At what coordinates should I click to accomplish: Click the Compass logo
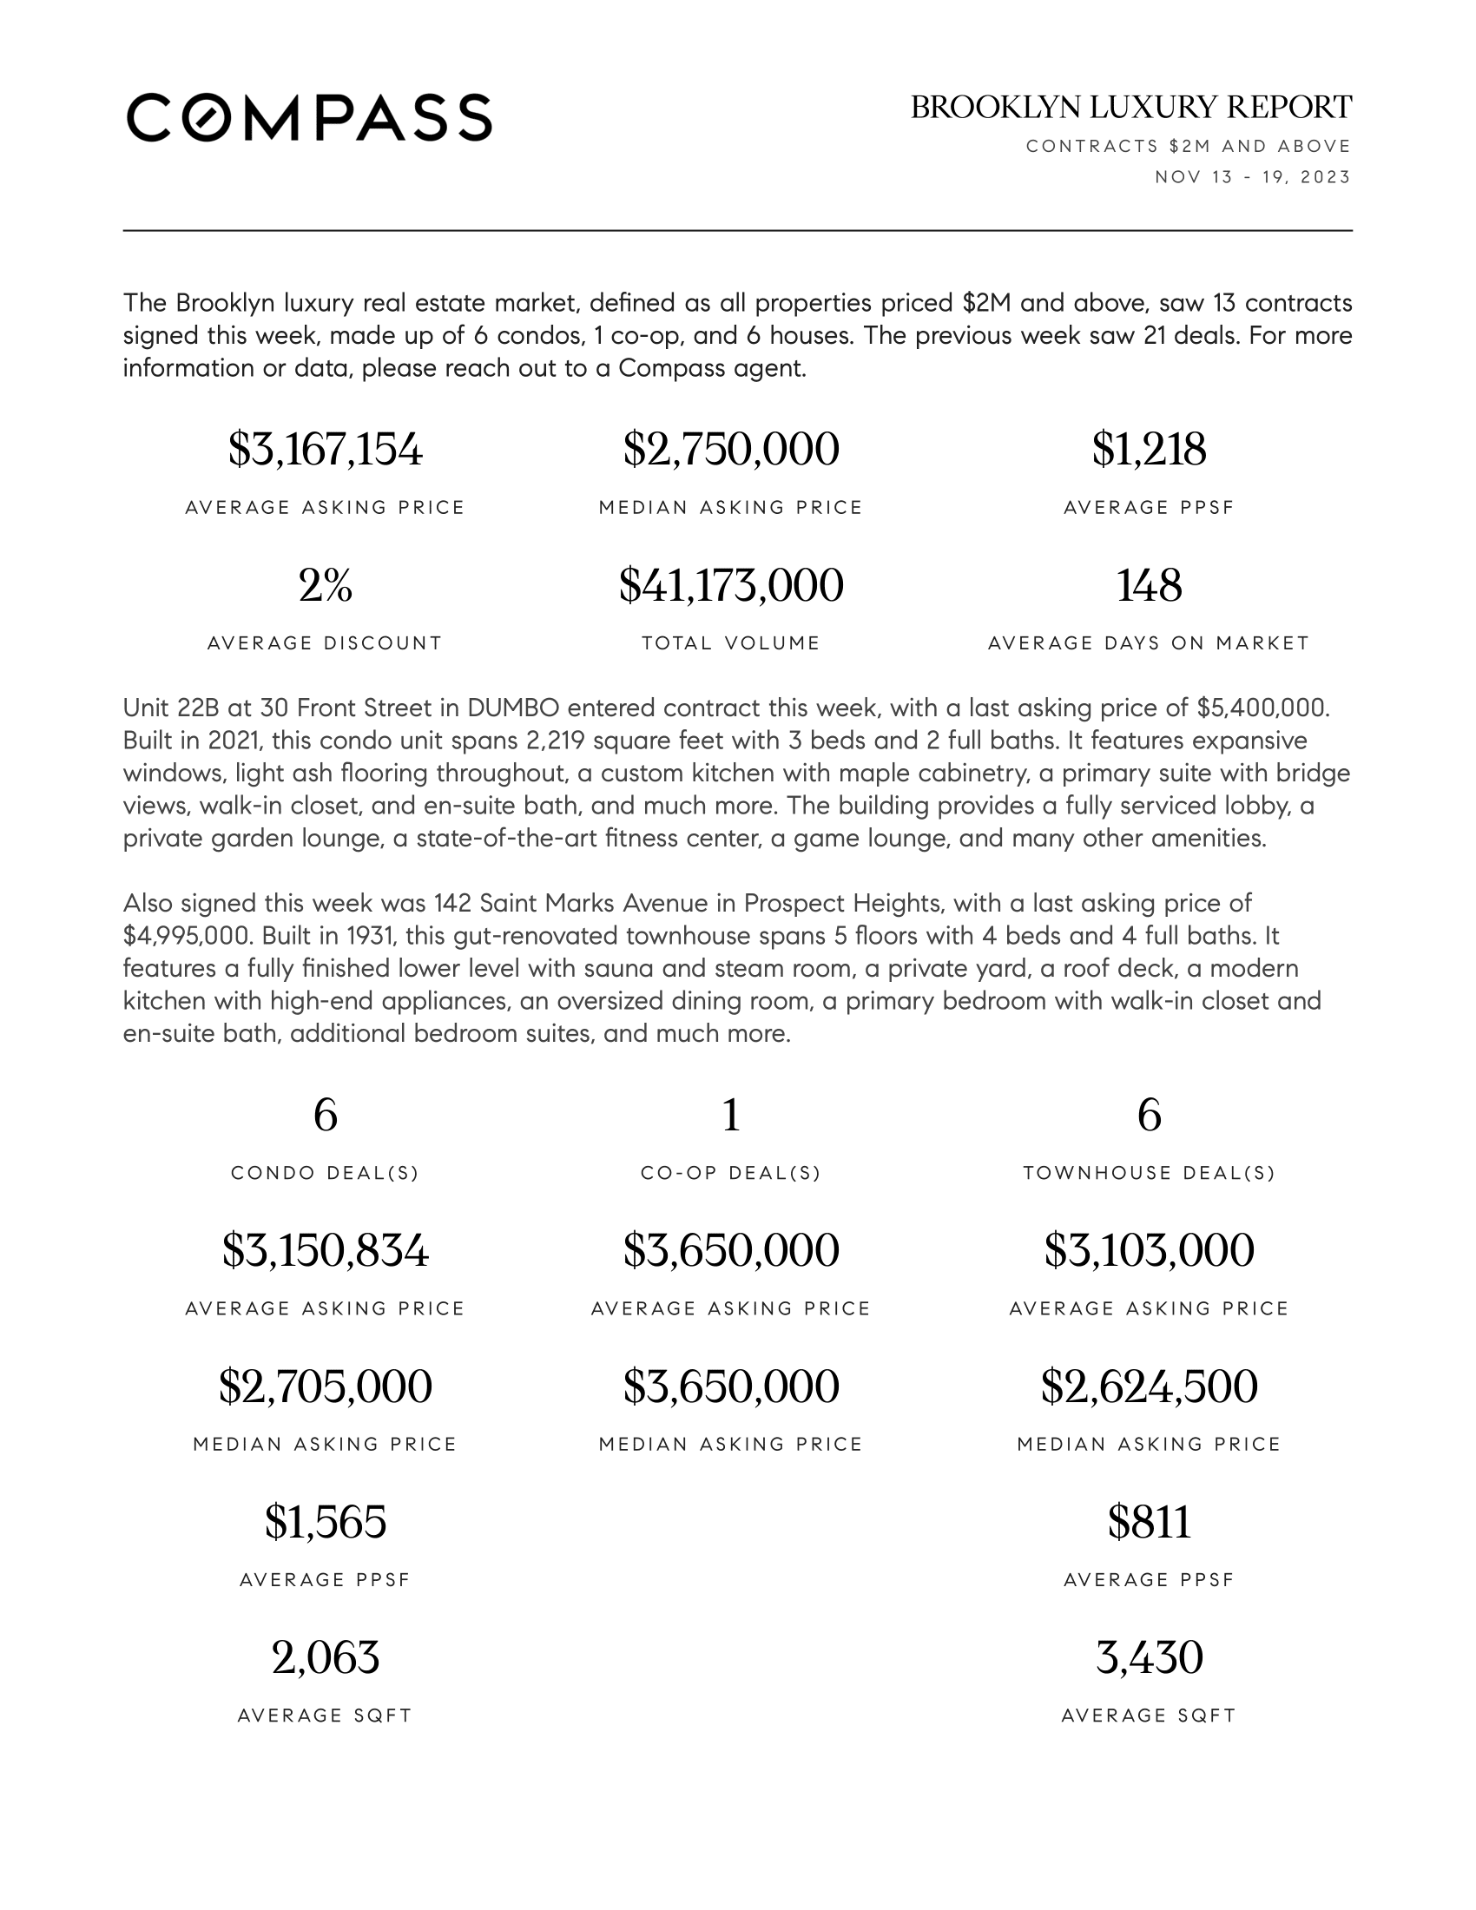[309, 117]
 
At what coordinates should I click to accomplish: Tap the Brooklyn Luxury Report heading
[1130, 108]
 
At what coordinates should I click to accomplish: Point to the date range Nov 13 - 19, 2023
[1252, 176]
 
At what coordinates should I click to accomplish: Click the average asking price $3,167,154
[326, 450]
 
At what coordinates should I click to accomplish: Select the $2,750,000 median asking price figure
[731, 450]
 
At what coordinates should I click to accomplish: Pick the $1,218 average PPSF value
[1149, 450]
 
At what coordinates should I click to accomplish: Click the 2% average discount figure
[326, 585]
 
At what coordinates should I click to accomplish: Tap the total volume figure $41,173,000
[731, 585]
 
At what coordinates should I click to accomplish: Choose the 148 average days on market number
[1149, 585]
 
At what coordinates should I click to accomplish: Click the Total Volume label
[731, 643]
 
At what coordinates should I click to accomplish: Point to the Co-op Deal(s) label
[731, 1173]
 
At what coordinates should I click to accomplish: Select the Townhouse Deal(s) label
[1149, 1173]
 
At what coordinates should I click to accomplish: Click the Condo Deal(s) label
[326, 1173]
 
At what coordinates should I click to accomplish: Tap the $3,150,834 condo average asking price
[326, 1249]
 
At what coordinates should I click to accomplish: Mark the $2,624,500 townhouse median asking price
[1149, 1386]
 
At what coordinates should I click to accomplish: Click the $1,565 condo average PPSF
[326, 1522]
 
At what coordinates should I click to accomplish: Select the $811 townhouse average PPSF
[1149, 1522]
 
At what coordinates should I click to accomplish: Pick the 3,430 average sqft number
[1149, 1657]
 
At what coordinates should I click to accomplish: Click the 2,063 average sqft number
[326, 1657]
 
